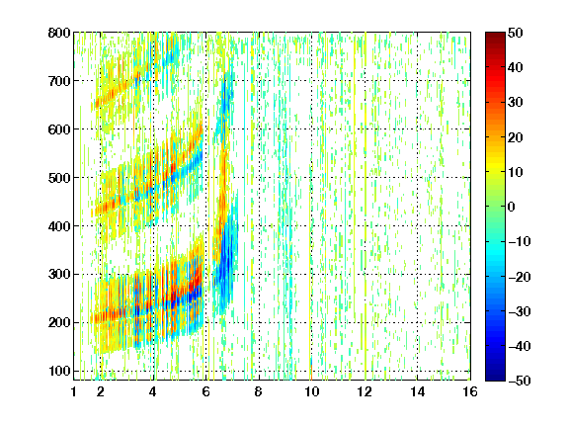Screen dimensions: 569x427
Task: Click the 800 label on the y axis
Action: (59, 33)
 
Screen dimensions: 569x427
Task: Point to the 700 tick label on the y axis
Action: (59, 81)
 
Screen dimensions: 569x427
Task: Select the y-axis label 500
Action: (59, 178)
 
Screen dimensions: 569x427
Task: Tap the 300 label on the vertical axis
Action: (59, 275)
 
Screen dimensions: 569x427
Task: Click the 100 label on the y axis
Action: (59, 371)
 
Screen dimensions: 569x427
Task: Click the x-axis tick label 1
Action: (74, 391)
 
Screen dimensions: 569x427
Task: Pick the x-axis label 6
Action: (205, 391)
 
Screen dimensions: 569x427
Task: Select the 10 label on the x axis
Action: (311, 391)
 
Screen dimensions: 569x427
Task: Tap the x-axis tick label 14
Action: (417, 391)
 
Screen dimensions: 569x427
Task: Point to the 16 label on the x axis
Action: (470, 391)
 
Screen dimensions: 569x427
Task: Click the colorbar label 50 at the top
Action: (515, 33)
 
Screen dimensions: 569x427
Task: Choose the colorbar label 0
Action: (512, 207)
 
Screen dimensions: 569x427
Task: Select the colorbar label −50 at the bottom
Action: (520, 381)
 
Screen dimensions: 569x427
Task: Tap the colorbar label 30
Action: (515, 103)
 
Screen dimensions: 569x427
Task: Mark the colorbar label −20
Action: (520, 277)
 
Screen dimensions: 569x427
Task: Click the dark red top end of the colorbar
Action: (495, 35)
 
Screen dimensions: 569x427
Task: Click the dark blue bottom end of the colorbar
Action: (495, 378)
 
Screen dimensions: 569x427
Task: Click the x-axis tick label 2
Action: (101, 391)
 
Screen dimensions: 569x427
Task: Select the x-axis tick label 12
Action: (365, 391)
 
